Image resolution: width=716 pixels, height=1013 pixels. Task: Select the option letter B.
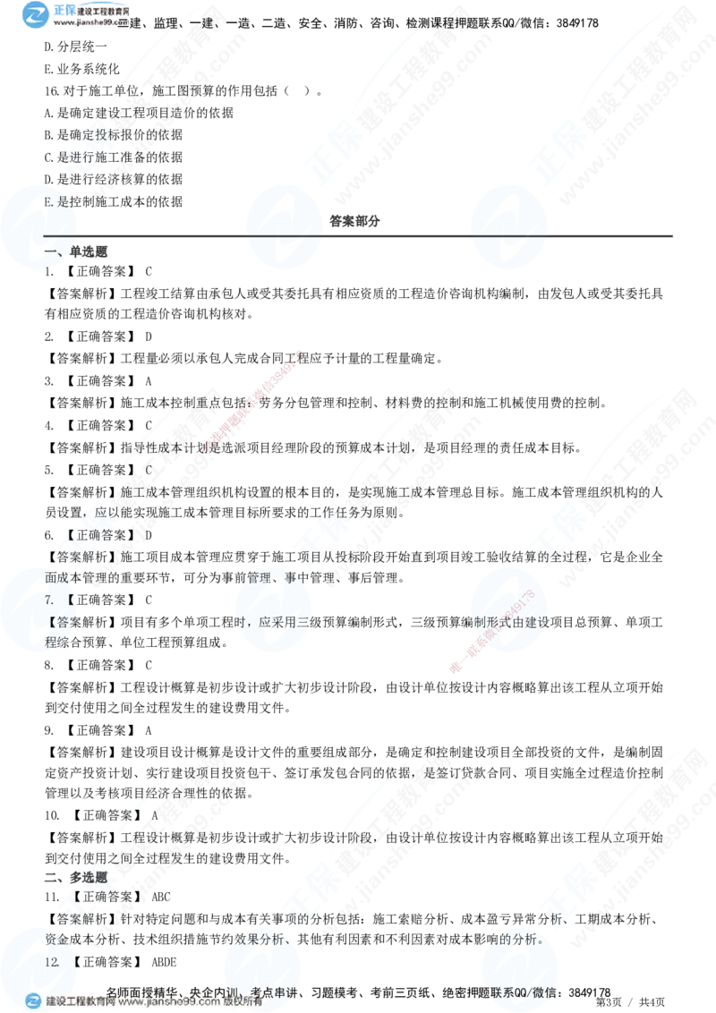49,203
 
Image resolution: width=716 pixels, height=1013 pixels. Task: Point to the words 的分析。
547,941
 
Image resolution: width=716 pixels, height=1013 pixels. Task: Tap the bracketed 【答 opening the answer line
59,620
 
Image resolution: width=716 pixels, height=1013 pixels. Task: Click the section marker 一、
54,253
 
